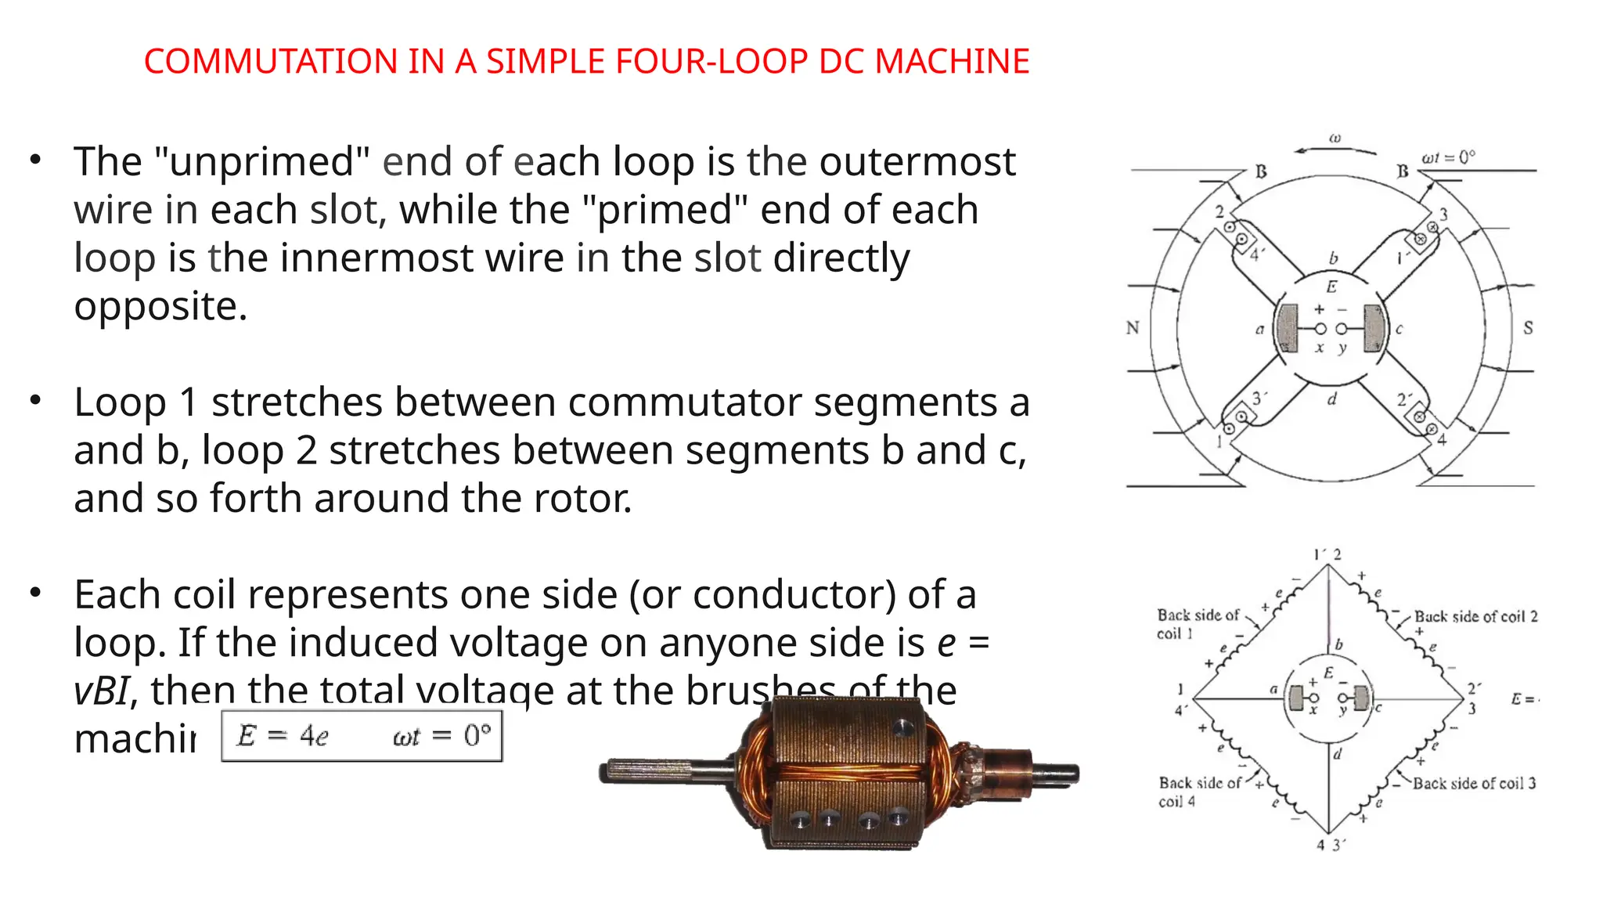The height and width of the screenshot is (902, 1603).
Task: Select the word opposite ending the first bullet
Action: pyautogui.click(x=160, y=306)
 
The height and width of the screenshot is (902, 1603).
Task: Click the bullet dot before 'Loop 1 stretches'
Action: pyautogui.click(x=35, y=401)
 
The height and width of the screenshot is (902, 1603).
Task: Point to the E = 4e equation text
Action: pyautogui.click(x=283, y=735)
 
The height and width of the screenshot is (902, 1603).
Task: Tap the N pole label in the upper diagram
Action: pyautogui.click(x=1133, y=328)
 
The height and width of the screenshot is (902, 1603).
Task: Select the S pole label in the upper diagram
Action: pyautogui.click(x=1528, y=328)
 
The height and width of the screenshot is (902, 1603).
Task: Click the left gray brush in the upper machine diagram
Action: pyautogui.click(x=1287, y=328)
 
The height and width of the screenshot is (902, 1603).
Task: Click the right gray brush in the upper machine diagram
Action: pyautogui.click(x=1374, y=328)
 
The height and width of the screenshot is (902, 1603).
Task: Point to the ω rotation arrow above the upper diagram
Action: pyautogui.click(x=1335, y=149)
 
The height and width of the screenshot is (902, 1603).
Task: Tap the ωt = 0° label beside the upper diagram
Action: pyautogui.click(x=1448, y=157)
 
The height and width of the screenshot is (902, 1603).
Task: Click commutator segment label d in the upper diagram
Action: pyautogui.click(x=1332, y=399)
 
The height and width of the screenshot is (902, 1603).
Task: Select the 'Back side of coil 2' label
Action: pyautogui.click(x=1475, y=617)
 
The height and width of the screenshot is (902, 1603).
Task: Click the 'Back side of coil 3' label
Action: pyautogui.click(x=1474, y=783)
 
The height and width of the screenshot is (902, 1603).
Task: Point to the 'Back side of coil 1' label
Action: pyautogui.click(x=1198, y=624)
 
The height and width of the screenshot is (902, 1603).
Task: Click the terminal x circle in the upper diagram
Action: pyautogui.click(x=1320, y=329)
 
